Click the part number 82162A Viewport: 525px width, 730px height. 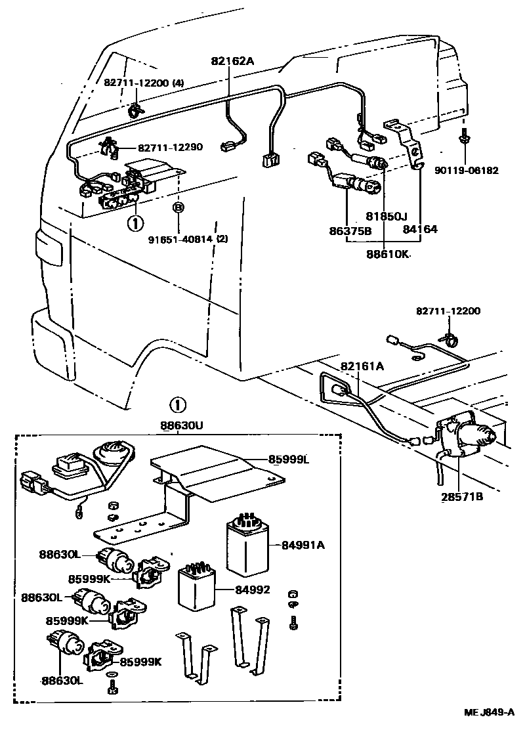tap(232, 62)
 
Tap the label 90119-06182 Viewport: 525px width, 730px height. tap(466, 171)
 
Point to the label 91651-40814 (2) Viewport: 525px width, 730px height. tap(187, 238)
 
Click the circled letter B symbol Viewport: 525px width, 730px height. tap(178, 208)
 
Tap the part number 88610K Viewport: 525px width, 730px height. tap(387, 252)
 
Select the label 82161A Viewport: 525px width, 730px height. tap(362, 365)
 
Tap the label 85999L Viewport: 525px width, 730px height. tap(287, 459)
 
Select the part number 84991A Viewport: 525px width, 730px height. tap(304, 544)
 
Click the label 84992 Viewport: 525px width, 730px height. tap(253, 590)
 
